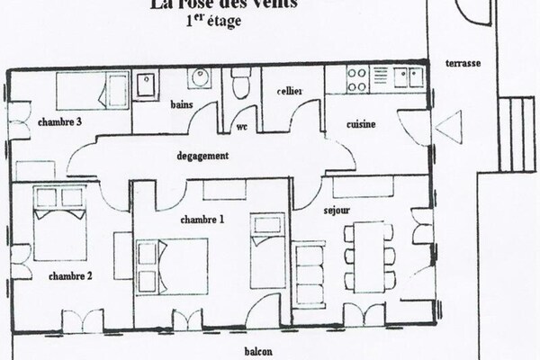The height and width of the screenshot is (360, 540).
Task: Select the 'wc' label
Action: click(x=241, y=127)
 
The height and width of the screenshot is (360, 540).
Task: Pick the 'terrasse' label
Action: click(x=463, y=65)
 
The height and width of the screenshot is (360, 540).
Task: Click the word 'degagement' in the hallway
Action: click(x=203, y=155)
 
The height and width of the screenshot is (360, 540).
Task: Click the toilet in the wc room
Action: click(x=238, y=86)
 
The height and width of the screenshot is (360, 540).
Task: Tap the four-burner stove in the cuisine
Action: click(x=355, y=79)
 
